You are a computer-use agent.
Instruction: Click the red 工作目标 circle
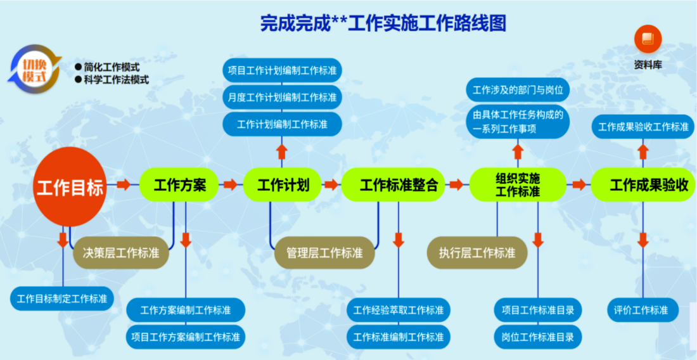[70, 187]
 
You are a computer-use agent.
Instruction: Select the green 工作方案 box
[179, 185]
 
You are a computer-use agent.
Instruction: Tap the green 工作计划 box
[282, 185]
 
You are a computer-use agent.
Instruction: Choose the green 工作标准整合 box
[393, 185]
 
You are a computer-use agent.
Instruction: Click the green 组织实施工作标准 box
[518, 185]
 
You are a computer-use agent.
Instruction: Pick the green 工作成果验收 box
[643, 185]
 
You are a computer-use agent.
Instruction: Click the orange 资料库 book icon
[648, 39]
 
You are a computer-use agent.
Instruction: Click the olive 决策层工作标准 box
[121, 253]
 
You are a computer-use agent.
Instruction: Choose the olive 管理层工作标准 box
[324, 253]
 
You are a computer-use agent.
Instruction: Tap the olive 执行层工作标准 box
[477, 253]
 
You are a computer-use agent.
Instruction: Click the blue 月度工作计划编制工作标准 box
[282, 98]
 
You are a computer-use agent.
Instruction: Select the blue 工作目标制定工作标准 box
[62, 299]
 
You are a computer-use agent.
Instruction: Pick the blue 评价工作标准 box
[643, 310]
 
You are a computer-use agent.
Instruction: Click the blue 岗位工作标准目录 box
[538, 337]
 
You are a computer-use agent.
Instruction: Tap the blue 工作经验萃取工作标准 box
[399, 310]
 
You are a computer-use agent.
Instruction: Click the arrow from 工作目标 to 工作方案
[124, 184]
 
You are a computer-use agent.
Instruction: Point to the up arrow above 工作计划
[281, 151]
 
